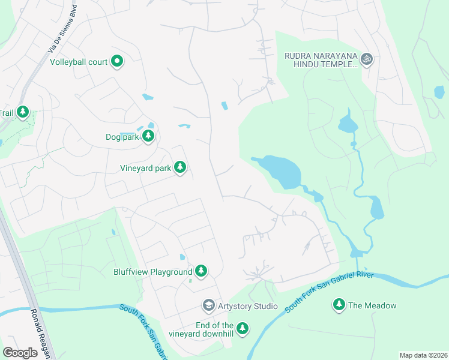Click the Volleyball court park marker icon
click(x=118, y=61)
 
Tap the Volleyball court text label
click(x=79, y=62)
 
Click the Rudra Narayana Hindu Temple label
click(x=321, y=60)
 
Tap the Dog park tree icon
click(x=148, y=137)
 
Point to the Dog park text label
click(x=122, y=137)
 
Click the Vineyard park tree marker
click(x=179, y=168)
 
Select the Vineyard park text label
click(x=145, y=169)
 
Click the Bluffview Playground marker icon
click(x=201, y=272)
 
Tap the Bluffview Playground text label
click(x=153, y=272)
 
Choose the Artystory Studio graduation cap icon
click(x=208, y=306)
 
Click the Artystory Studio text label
click(x=248, y=307)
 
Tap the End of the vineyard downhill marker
click(x=242, y=328)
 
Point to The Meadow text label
click(x=372, y=306)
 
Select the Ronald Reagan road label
click(x=41, y=333)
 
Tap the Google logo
click(x=20, y=352)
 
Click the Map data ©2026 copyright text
click(x=423, y=355)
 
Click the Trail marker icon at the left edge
click(x=23, y=112)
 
